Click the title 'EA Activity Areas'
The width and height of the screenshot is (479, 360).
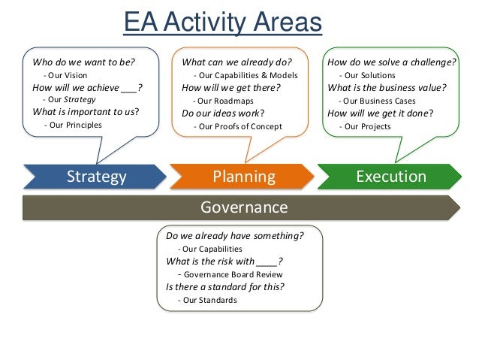point(223,23)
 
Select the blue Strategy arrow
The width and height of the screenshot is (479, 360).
point(96,177)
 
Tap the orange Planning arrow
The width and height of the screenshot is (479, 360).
point(243,177)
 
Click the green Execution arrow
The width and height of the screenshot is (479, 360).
point(390,177)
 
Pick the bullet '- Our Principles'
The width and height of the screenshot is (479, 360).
point(74,125)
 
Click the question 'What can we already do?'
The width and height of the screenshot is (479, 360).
point(236,62)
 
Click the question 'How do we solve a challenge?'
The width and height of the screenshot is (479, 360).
point(392,62)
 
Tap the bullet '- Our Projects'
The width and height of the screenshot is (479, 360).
point(365,126)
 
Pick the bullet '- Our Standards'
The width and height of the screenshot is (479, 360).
point(206,300)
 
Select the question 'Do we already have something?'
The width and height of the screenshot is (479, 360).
point(235,235)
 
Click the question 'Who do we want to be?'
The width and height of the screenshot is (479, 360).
point(84,62)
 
